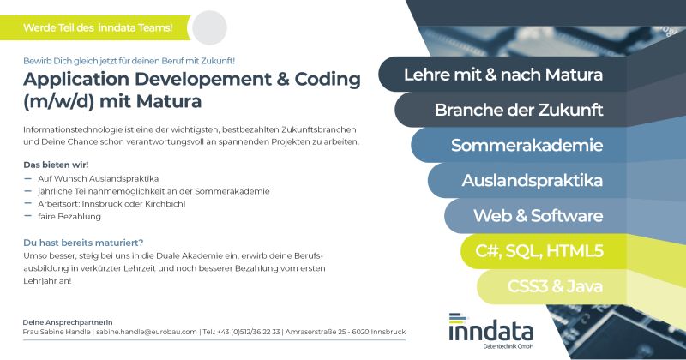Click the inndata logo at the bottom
[x=490, y=331]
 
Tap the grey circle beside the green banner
[x=209, y=27]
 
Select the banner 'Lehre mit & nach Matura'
[x=503, y=75]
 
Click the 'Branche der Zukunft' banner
[x=511, y=110]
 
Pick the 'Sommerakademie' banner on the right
[x=520, y=145]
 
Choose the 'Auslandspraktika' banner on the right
[x=528, y=181]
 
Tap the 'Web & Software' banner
[x=537, y=216]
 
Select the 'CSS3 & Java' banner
[x=552, y=287]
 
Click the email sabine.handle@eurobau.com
[x=147, y=332]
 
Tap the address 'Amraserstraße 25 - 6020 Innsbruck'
[x=346, y=332]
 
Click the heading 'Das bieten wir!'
[x=56, y=165]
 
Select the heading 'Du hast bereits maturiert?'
[x=83, y=243]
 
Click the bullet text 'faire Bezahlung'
[x=69, y=217]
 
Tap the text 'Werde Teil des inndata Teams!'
[x=98, y=28]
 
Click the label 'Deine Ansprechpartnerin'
[x=68, y=322]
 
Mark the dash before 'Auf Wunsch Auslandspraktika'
[x=28, y=178]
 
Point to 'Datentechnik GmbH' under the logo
[x=508, y=346]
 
